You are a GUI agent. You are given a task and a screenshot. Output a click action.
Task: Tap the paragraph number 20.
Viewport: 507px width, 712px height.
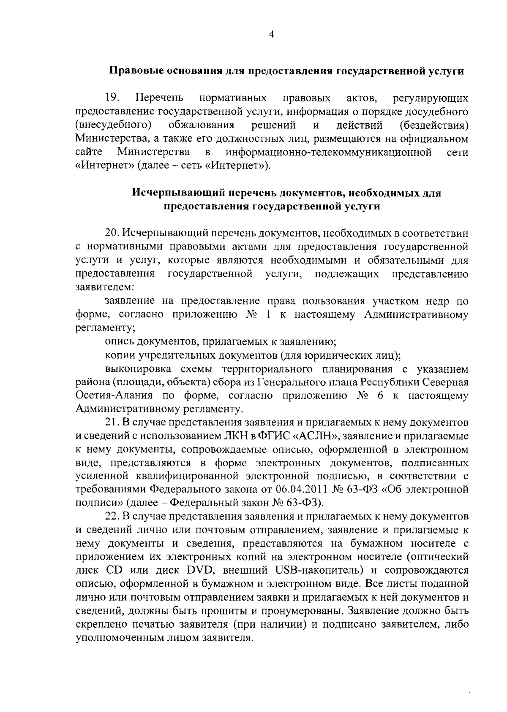[112, 233]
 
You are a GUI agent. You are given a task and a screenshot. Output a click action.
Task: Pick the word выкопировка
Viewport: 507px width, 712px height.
[136, 369]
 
